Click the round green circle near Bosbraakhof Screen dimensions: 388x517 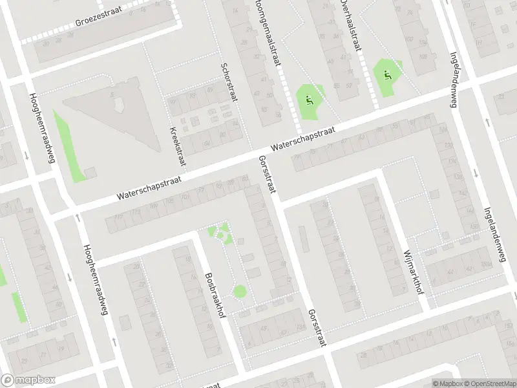tap(240, 292)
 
